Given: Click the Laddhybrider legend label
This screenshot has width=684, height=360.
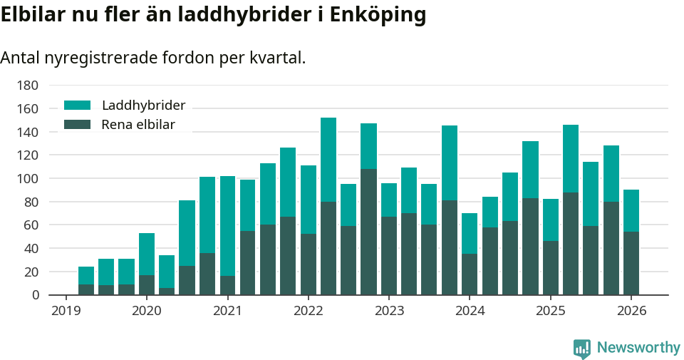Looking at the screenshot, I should pyautogui.click(x=143, y=106).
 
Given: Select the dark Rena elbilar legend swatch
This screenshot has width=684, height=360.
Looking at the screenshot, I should pyautogui.click(x=78, y=125).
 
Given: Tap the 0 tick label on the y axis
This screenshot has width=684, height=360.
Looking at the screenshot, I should pyautogui.click(x=34, y=295).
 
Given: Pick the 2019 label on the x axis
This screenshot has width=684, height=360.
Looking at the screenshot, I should pyautogui.click(x=66, y=311).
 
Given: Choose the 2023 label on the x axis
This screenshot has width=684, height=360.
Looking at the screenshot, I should pyautogui.click(x=389, y=311).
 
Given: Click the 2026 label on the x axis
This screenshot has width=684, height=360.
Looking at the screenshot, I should pyautogui.click(x=631, y=311).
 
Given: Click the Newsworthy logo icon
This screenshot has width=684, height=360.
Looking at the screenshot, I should pyautogui.click(x=581, y=348).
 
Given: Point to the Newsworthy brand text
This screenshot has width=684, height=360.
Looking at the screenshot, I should pyautogui.click(x=638, y=348).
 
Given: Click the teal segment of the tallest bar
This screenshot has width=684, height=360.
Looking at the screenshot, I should pyautogui.click(x=328, y=160).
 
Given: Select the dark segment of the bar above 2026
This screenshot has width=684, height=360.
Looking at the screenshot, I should pyautogui.click(x=631, y=263).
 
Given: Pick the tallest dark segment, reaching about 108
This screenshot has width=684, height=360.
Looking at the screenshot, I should pyautogui.click(x=368, y=232).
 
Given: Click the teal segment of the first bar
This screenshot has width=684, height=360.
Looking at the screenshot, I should pyautogui.click(x=86, y=275).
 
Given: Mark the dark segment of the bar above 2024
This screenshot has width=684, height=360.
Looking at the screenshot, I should pyautogui.click(x=470, y=274).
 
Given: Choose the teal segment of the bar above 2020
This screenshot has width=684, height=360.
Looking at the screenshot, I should pyautogui.click(x=147, y=254).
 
